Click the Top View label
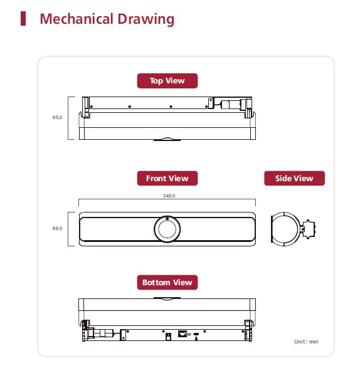pos(167,81)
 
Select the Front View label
pos(167,178)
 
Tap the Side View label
pos(294,178)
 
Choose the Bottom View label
pos(167,282)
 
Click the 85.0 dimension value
pos(57,117)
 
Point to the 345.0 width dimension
pos(169,196)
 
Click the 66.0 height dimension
pos(57,228)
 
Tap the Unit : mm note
pos(306,342)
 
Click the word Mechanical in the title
pos(77,19)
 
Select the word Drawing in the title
pos(146,19)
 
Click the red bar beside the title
pos(23,18)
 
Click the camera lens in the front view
pos(167,229)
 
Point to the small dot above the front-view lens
pos(167,218)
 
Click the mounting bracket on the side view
pos(308,229)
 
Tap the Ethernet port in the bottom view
pos(183,334)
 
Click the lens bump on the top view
pos(167,139)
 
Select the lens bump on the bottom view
pos(167,298)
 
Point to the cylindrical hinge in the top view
pos(230,105)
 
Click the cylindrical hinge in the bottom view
pos(103,333)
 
